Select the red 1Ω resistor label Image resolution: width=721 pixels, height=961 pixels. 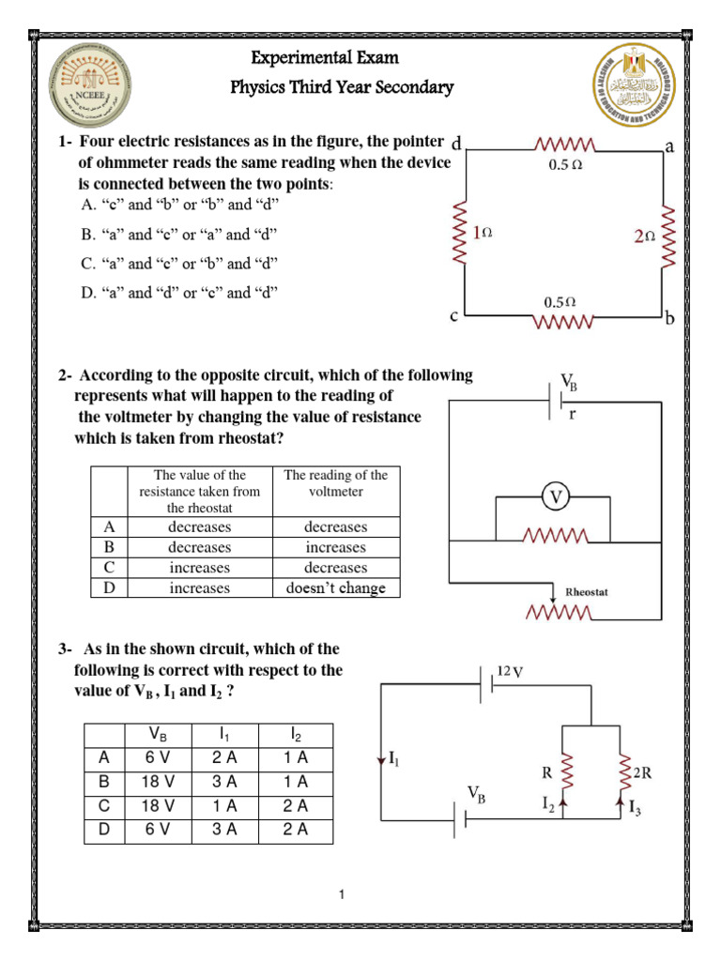(482, 232)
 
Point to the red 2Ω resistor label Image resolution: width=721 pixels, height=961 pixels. (643, 237)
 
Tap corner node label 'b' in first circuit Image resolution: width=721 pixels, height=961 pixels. (669, 319)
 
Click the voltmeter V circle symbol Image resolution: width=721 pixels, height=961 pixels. (557, 497)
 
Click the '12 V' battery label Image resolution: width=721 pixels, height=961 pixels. (510, 671)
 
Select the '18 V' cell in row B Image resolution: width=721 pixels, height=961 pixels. (158, 781)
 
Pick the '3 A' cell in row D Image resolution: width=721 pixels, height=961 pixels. (227, 830)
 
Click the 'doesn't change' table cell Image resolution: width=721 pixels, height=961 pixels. (335, 588)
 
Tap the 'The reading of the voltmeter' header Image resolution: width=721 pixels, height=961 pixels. (335, 483)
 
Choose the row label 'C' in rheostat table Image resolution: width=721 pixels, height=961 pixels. (108, 568)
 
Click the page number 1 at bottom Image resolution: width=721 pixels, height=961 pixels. (344, 894)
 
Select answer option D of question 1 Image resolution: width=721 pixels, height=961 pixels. (178, 293)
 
